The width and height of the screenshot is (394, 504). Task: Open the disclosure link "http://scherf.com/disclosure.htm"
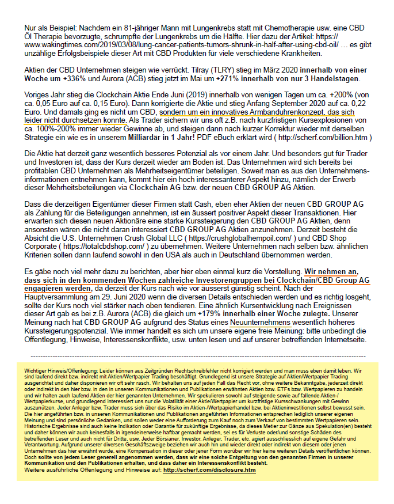(209, 470)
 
